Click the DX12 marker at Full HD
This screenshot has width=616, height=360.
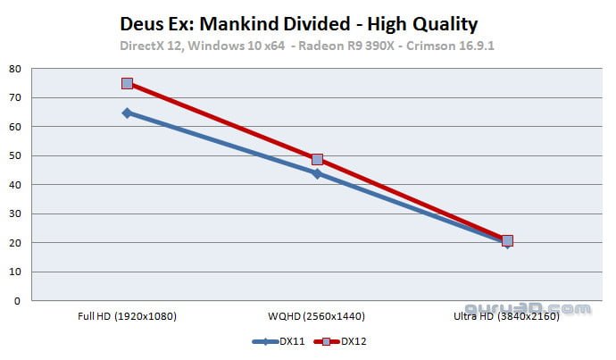[x=127, y=83]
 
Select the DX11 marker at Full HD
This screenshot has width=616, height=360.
[x=127, y=113]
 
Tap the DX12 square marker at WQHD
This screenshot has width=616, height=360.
[x=317, y=159]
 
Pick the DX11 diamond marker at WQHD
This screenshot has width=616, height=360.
[x=317, y=173]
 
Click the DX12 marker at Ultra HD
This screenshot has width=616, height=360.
[x=507, y=240]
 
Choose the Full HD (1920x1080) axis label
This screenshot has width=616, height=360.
[x=127, y=316]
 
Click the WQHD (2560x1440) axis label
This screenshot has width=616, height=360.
[x=317, y=316]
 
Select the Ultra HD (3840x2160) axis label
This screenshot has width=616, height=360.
[x=507, y=316]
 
